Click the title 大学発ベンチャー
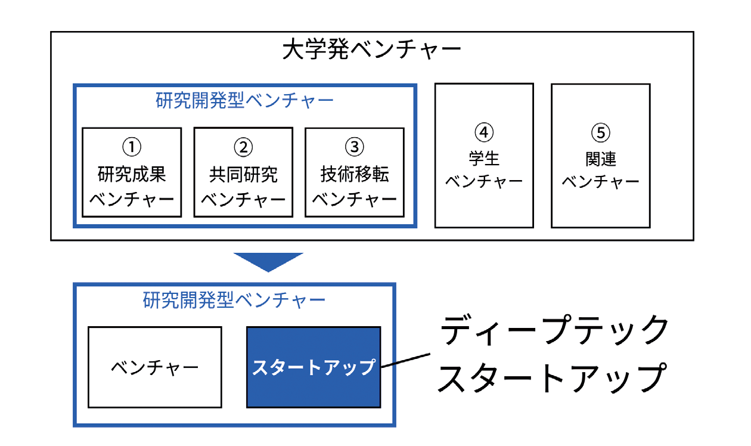point(371,49)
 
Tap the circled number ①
point(132,147)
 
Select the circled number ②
point(243,147)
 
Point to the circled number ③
point(355,147)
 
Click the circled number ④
point(484,132)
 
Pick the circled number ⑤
point(600,132)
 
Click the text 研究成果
point(132,174)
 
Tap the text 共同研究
point(243,174)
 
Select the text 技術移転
point(355,174)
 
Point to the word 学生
point(484,158)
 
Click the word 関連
point(600,159)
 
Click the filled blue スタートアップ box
point(314,367)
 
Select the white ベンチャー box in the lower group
point(155,367)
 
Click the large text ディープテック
point(554,330)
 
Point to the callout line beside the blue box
point(406,360)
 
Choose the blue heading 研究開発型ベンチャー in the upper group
point(244,100)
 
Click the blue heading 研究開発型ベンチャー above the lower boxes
point(234,300)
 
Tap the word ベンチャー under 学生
point(484,181)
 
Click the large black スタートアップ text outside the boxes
point(552,377)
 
